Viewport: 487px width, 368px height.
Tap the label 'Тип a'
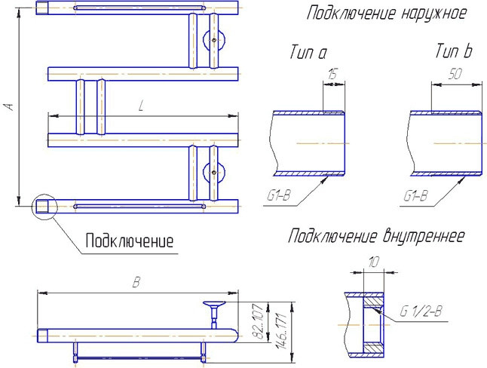308,53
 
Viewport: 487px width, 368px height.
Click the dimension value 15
332,74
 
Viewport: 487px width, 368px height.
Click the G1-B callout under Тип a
279,196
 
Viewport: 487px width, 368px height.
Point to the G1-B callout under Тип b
416,196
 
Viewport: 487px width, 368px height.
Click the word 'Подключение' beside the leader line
129,241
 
